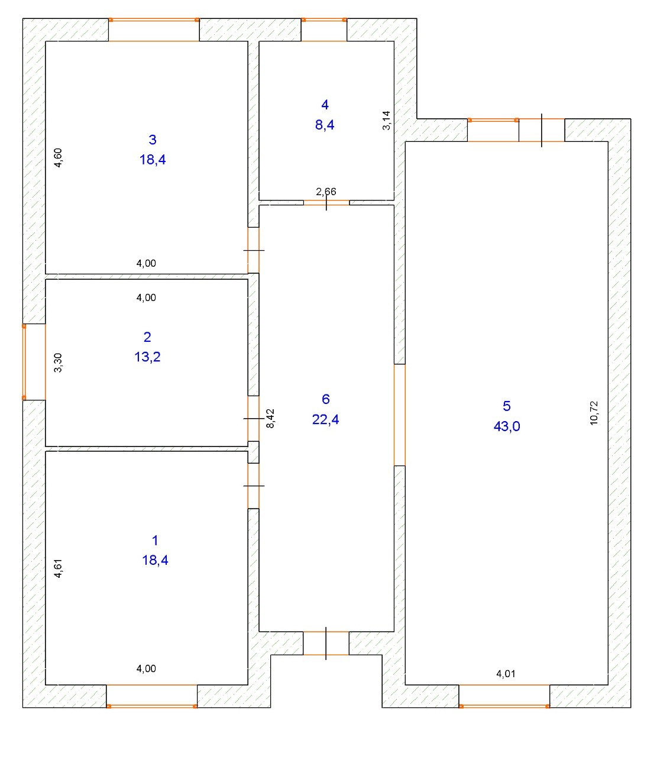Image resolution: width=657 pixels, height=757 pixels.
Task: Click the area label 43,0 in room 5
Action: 507,426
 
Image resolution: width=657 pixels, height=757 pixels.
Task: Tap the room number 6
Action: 325,399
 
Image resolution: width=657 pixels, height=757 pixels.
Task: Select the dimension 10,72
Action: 594,413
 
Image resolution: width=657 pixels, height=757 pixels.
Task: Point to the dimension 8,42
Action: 271,418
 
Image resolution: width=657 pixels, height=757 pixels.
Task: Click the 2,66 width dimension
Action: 326,191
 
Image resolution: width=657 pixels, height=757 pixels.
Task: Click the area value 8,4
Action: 325,125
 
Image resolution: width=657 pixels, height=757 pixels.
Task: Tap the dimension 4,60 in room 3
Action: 58,158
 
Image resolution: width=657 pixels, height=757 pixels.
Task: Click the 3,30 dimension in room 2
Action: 58,362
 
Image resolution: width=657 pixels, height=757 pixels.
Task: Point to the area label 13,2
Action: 147,357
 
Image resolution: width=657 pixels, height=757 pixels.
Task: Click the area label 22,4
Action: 325,419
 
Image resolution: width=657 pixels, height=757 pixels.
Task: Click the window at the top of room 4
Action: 324,30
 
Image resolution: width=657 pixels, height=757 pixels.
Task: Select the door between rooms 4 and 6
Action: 326,203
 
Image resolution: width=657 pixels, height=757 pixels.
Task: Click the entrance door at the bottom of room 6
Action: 326,643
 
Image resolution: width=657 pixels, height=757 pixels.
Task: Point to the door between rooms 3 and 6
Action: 253,250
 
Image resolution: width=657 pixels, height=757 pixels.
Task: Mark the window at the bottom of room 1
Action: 152,695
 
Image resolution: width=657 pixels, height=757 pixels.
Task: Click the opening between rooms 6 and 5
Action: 400,415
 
